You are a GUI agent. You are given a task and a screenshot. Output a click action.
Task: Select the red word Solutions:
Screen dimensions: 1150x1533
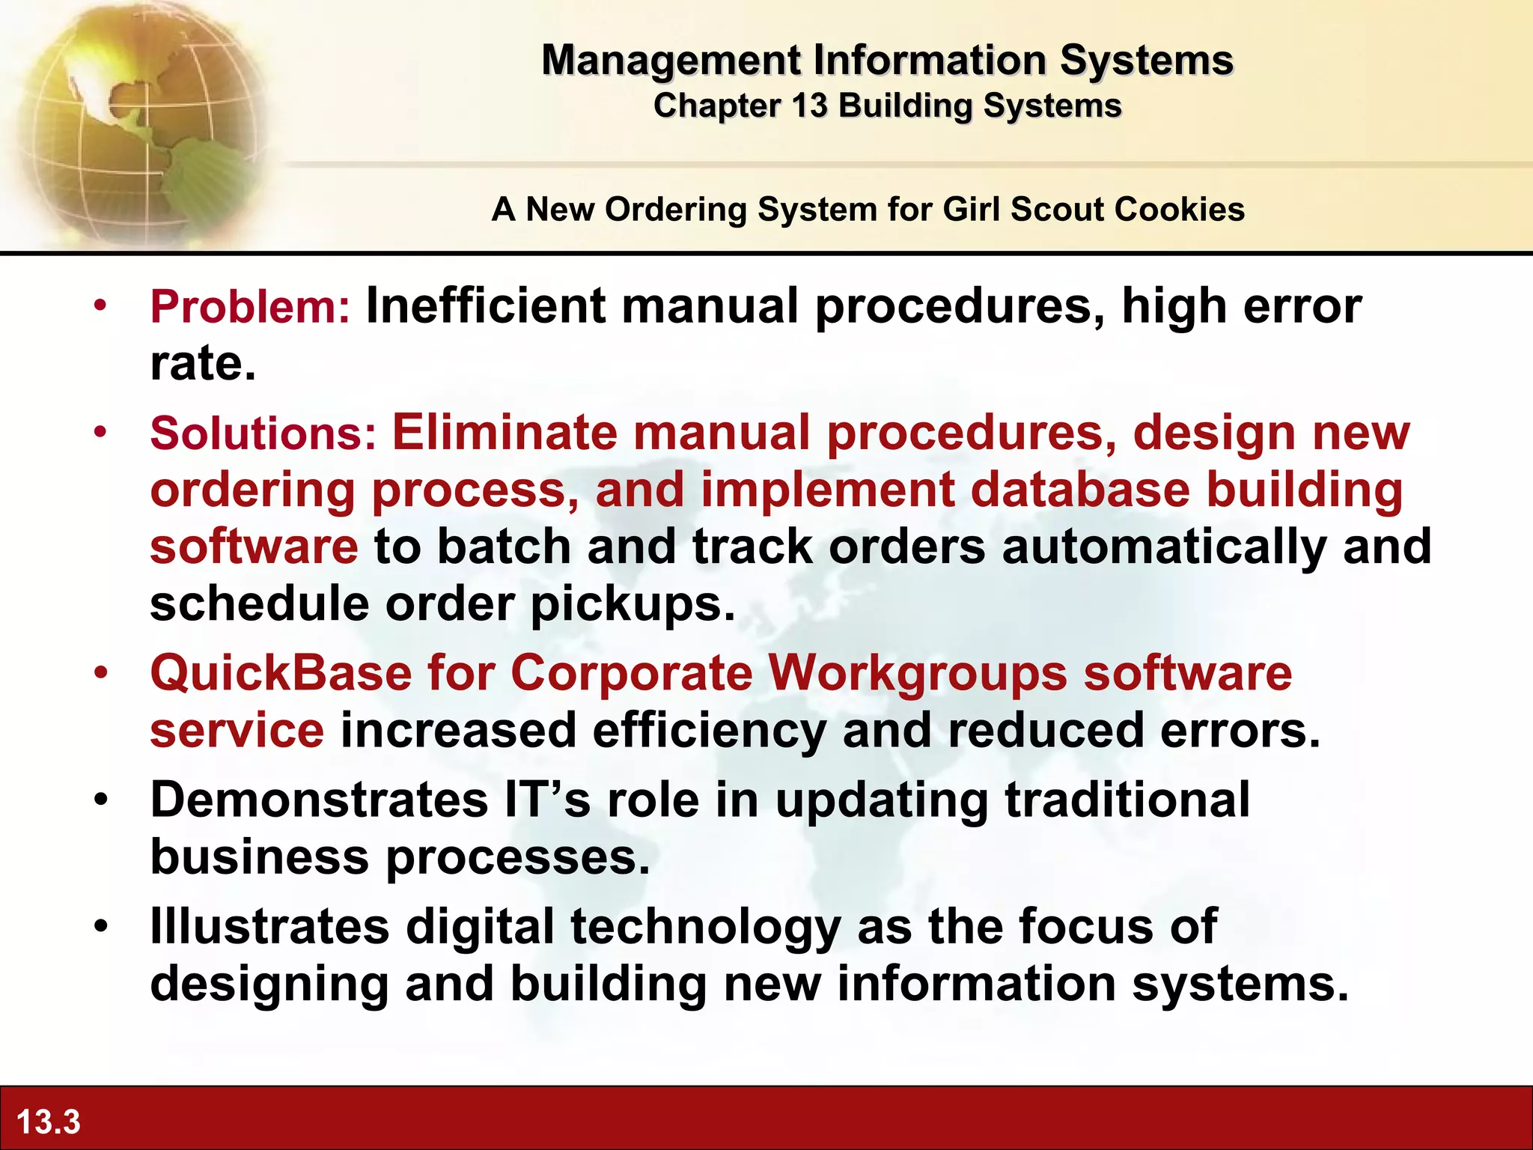263,433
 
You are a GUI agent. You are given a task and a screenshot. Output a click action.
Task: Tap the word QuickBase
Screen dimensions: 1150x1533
281,672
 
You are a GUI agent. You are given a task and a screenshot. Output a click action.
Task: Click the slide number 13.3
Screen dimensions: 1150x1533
48,1122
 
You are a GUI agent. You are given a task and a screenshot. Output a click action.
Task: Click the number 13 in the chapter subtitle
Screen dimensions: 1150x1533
808,106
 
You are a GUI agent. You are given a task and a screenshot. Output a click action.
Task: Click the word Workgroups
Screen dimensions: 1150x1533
918,672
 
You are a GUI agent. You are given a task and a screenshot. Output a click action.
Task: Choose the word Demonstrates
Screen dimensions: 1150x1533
319,799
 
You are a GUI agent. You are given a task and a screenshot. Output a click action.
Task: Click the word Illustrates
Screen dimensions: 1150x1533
269,925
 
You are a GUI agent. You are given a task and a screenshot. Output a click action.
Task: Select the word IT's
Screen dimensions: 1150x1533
547,799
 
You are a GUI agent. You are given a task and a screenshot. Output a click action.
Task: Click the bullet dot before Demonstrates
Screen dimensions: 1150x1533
101,799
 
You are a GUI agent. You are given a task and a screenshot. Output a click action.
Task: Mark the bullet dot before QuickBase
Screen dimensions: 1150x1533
101,672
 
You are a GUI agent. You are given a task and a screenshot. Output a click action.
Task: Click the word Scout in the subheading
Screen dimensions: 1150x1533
1055,209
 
